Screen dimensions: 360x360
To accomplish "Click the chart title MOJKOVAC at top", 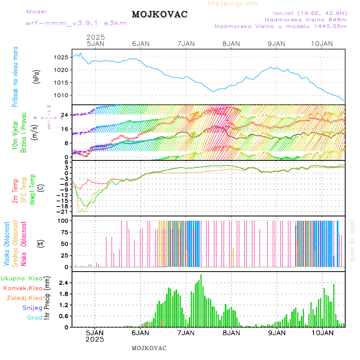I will (160, 14).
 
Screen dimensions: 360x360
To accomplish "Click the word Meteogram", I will (233, 4).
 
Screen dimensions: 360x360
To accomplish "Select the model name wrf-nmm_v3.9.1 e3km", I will (76, 23).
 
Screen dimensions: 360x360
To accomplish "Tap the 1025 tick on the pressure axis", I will (60, 57).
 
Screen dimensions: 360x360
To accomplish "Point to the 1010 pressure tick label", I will (60, 95).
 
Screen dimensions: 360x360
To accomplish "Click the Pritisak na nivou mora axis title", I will (15, 77).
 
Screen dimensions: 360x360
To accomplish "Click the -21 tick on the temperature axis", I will (62, 211).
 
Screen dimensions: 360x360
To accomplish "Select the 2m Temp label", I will (15, 191).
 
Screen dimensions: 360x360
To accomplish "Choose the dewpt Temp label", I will (32, 189).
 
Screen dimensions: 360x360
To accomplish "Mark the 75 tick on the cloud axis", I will (63, 232).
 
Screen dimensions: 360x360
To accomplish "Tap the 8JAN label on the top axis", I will (231, 44).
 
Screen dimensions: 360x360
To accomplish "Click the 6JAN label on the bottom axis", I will (140, 332).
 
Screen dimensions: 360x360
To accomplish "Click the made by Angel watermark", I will (352, 240).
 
